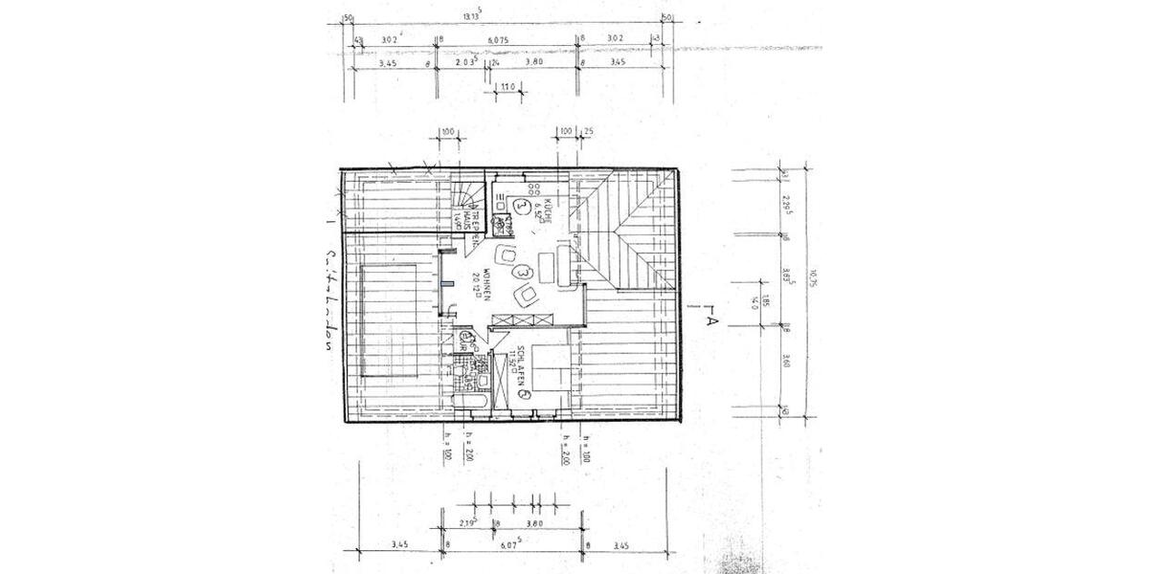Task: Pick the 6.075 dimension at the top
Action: point(497,40)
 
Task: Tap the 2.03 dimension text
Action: point(465,62)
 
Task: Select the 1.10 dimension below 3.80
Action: point(507,86)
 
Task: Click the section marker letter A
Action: point(710,321)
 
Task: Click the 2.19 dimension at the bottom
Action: point(468,523)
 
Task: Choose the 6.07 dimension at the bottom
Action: point(510,547)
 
